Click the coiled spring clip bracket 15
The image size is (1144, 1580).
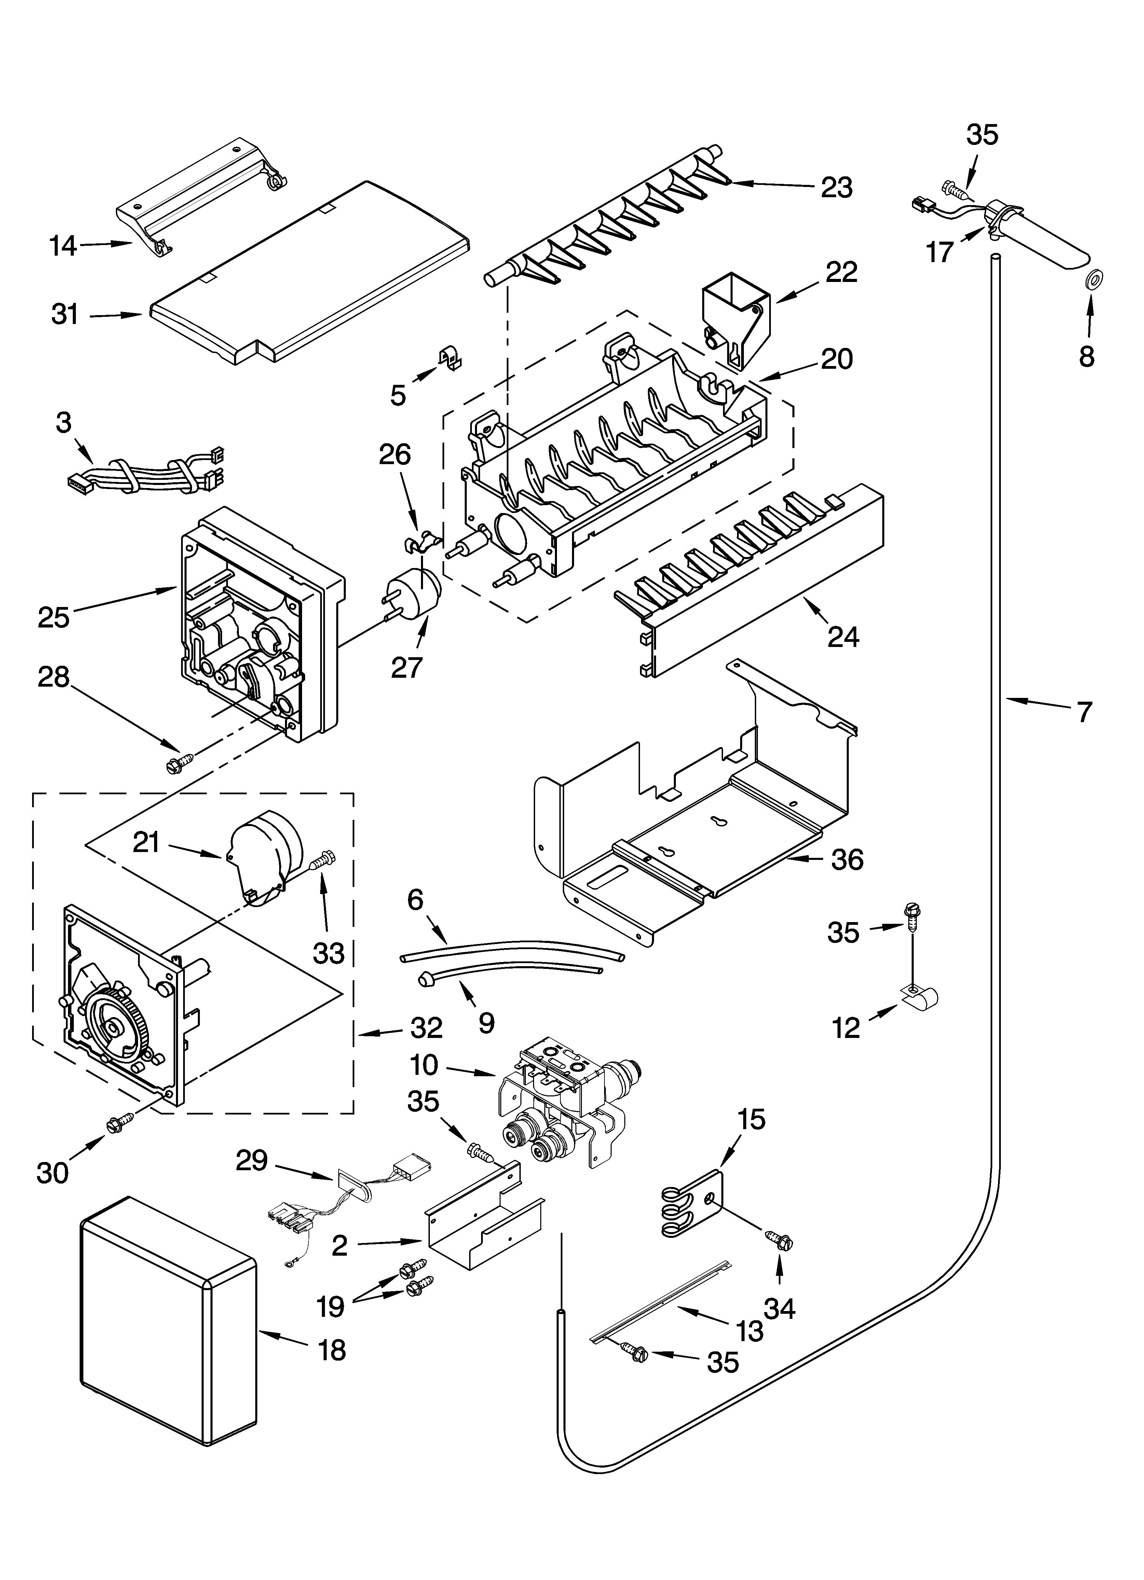[690, 1204]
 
